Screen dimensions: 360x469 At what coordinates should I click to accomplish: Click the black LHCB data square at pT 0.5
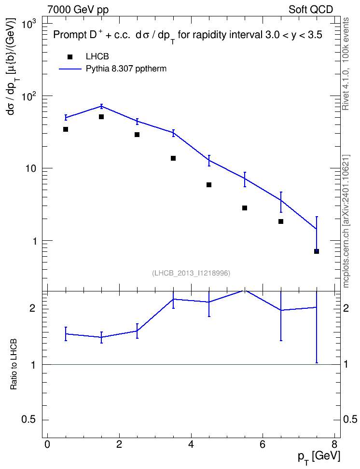[x=66, y=129]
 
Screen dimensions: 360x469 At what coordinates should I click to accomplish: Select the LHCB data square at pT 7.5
[x=316, y=251]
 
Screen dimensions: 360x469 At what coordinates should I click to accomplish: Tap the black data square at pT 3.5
[x=173, y=158]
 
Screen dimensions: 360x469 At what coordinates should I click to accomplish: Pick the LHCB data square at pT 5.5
[x=245, y=208]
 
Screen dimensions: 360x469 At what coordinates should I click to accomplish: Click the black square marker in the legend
[x=70, y=57]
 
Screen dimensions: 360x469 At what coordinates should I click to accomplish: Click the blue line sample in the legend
[x=70, y=69]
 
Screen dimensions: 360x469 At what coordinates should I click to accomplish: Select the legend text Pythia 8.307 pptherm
[x=126, y=69]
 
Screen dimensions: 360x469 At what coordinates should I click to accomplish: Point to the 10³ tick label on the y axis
[x=29, y=24]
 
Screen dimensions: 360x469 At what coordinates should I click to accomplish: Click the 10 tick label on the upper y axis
[x=31, y=169]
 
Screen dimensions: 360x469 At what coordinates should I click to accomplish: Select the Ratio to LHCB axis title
[x=14, y=364]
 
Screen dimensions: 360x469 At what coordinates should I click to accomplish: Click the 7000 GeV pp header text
[x=78, y=10]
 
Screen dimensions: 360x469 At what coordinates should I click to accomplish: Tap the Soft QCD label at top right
[x=311, y=10]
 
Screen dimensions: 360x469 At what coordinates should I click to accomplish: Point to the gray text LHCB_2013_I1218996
[x=191, y=273]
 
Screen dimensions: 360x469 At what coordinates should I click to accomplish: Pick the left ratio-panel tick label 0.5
[x=29, y=420]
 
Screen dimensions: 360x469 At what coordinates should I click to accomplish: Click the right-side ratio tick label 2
[x=346, y=308]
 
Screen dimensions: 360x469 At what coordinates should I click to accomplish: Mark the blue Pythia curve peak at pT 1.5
[x=101, y=106]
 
